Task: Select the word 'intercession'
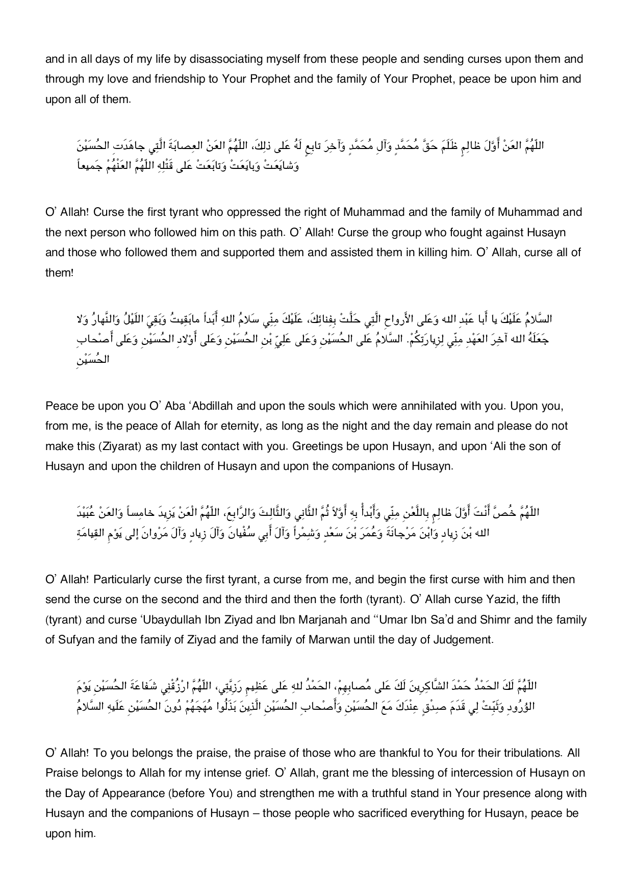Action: click(471, 773)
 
